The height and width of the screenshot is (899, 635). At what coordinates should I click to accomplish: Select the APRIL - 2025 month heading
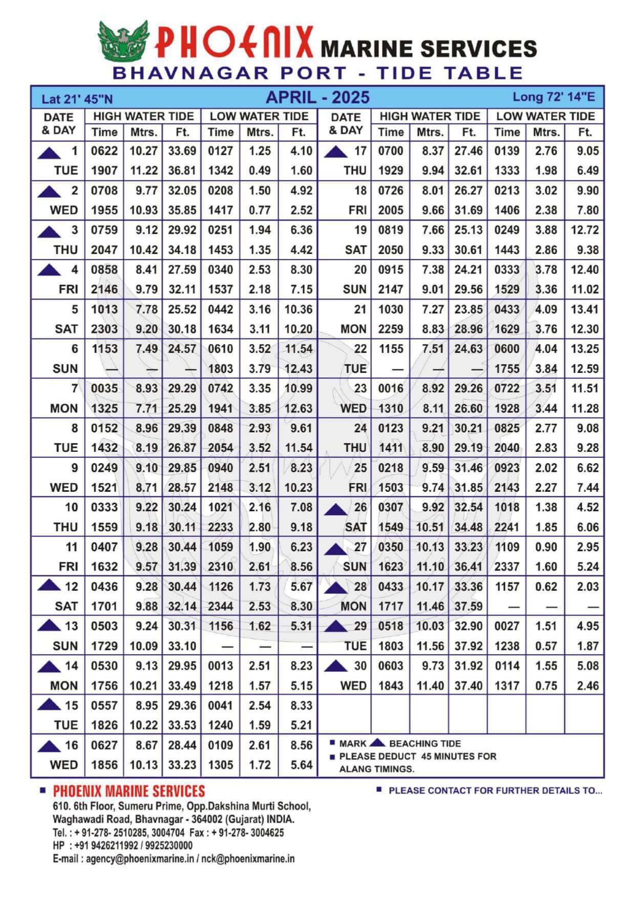click(x=317, y=97)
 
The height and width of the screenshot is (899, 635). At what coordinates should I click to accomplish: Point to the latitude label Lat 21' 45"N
click(x=77, y=99)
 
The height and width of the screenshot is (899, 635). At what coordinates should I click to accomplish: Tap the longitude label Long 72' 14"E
click(x=554, y=97)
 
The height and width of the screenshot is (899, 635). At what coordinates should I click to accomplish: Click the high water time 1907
click(x=104, y=171)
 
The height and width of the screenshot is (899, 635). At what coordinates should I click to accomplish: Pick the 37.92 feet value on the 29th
click(x=469, y=646)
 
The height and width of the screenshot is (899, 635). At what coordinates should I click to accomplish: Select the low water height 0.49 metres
click(x=260, y=171)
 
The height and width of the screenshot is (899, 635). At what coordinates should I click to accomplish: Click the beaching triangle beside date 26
click(x=336, y=509)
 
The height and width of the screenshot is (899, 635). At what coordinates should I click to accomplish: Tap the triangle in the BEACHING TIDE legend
click(x=377, y=742)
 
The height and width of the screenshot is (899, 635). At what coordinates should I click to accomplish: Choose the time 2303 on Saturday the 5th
click(x=104, y=329)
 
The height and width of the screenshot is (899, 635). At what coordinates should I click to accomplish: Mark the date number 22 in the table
click(x=361, y=349)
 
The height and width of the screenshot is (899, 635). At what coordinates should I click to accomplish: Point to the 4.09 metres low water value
click(x=546, y=309)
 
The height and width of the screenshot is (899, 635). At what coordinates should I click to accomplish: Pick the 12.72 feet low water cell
click(x=585, y=230)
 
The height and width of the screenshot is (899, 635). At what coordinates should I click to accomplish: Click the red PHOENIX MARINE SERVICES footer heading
click(x=129, y=791)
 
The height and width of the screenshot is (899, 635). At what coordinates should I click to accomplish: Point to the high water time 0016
click(x=391, y=388)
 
